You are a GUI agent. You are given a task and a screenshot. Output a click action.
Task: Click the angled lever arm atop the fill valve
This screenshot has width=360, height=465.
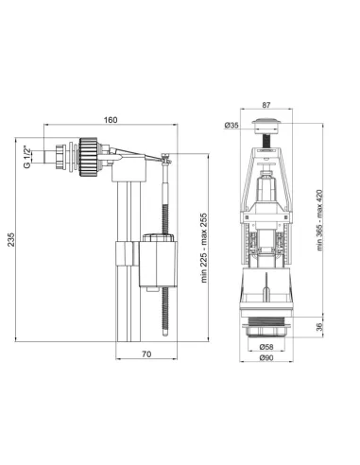137,150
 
